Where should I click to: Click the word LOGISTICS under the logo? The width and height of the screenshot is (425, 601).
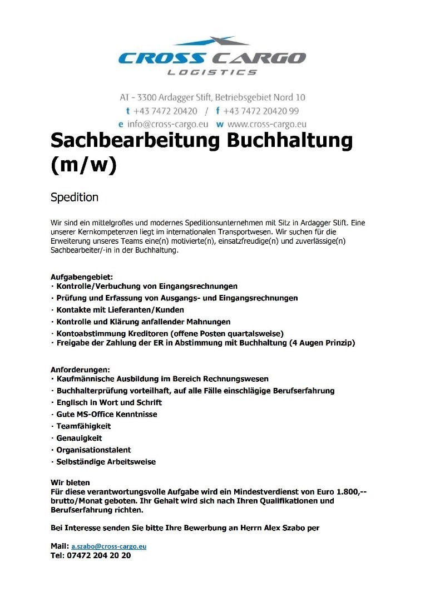(x=212, y=72)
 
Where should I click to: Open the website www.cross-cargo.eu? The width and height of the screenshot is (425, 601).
(x=266, y=124)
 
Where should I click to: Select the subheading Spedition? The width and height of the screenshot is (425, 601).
(x=74, y=197)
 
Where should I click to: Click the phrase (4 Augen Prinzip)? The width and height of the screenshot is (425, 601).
(x=322, y=343)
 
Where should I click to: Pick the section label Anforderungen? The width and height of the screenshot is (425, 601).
(x=80, y=370)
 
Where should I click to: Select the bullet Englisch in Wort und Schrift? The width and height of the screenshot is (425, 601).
(x=109, y=402)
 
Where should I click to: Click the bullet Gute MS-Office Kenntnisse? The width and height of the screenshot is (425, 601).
(x=107, y=415)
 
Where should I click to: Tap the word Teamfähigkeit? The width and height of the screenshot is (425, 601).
(x=83, y=426)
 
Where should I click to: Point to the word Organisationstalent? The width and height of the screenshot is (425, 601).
(x=93, y=450)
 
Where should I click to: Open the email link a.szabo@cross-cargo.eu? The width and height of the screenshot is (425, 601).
(x=108, y=546)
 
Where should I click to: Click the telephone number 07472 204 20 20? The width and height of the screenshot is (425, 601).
(x=99, y=555)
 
